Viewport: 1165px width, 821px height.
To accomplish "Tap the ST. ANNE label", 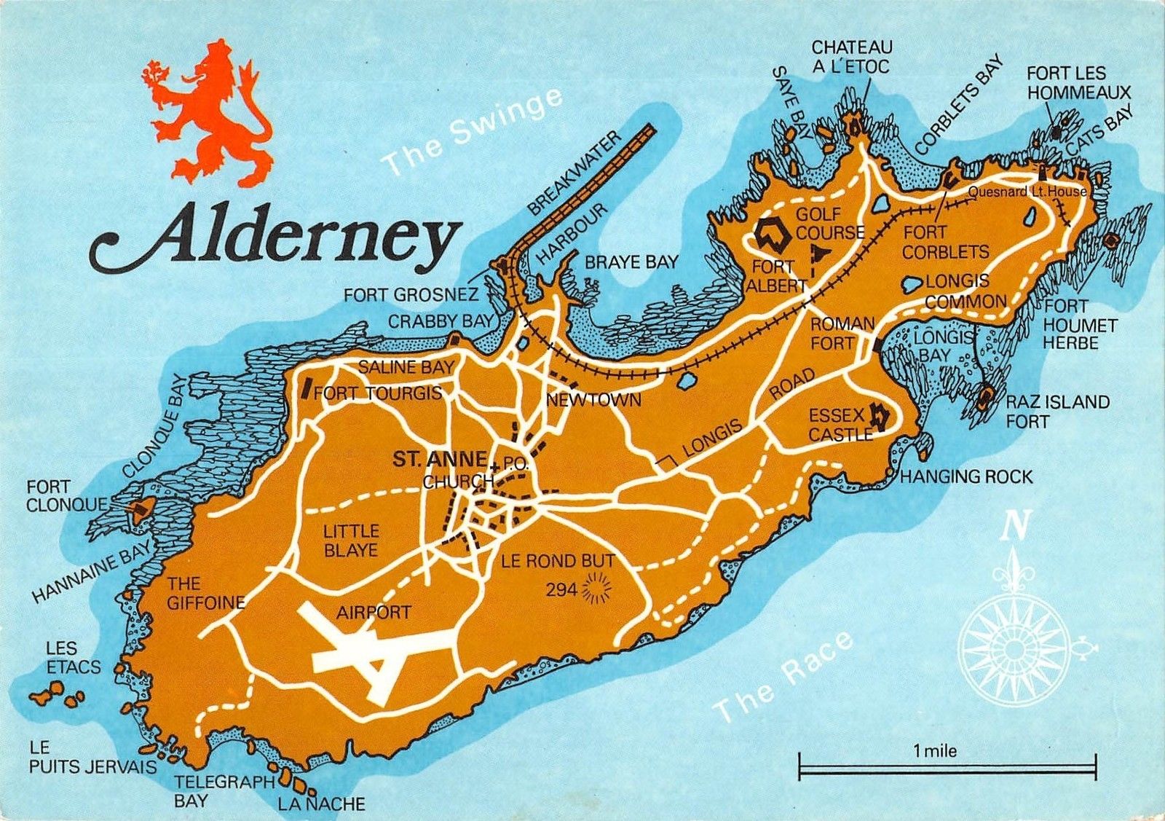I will click(439, 459).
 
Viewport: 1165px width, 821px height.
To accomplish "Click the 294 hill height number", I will click(561, 589).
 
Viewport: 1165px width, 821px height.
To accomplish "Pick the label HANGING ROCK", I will click(966, 477).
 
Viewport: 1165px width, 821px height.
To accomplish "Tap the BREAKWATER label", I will click(574, 173).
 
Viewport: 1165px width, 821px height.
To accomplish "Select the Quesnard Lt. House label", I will click(1027, 192).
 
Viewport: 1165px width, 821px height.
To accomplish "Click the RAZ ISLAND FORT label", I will click(1057, 412).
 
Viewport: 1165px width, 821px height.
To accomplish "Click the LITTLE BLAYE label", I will click(351, 541).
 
